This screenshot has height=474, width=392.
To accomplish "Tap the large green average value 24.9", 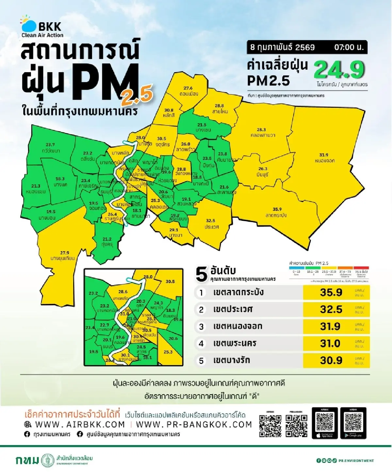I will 339,69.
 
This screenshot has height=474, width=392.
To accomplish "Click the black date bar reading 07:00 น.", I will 307,47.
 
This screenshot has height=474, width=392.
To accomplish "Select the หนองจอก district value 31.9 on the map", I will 324,158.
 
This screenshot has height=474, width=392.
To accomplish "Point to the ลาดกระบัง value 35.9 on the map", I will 277,212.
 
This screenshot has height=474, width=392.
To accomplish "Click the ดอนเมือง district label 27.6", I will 188,91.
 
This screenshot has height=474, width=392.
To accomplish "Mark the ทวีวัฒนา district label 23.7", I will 50,148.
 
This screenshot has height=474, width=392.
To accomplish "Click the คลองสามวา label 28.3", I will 262,132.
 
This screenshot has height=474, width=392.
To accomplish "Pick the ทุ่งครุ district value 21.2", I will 107,242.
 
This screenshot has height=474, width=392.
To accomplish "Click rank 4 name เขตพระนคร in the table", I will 235,343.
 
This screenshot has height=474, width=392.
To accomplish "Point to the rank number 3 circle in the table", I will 201,326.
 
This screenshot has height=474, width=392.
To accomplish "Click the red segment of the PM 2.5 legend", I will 361,268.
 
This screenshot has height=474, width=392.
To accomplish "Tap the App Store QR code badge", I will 325,423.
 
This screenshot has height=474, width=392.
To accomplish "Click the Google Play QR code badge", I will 353,423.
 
